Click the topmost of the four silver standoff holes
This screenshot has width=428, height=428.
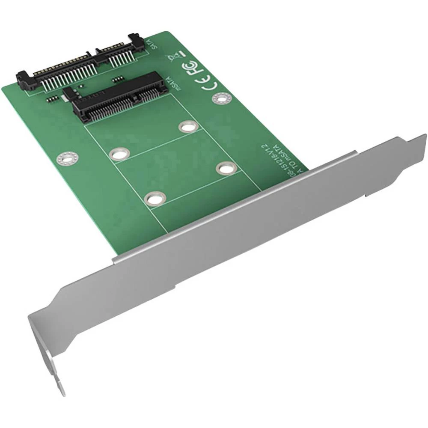pyautogui.click(x=187, y=127)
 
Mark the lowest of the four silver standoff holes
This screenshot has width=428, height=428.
pyautogui.click(x=155, y=198)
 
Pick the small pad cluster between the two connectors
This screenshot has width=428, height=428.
pyautogui.click(x=116, y=80)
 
